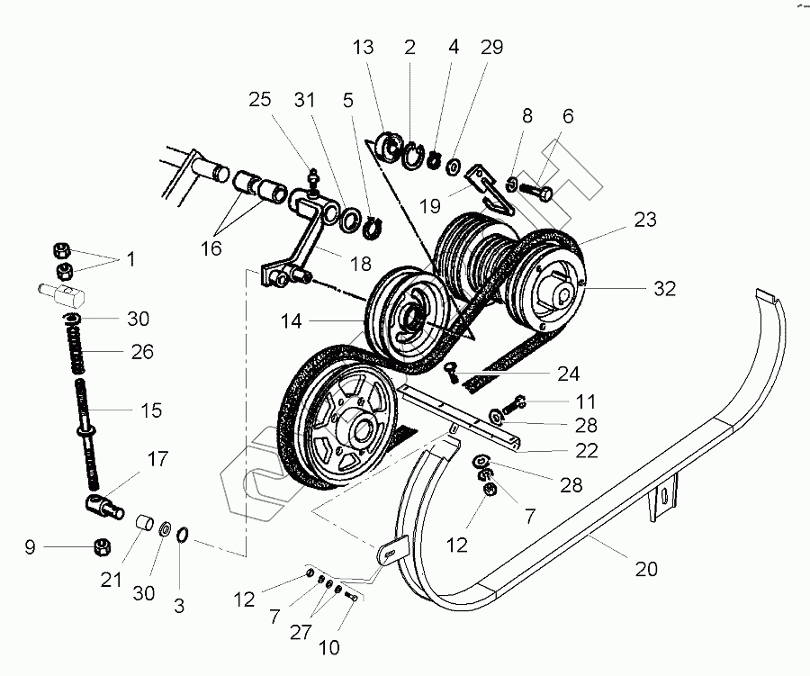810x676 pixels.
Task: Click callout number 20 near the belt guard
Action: coord(646,569)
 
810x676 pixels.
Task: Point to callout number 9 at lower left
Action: coord(30,545)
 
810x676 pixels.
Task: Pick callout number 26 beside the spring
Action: coord(142,352)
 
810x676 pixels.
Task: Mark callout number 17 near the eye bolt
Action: coord(157,459)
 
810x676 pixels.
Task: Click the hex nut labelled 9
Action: coord(103,545)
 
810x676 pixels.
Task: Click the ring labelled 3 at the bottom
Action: coord(183,536)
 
